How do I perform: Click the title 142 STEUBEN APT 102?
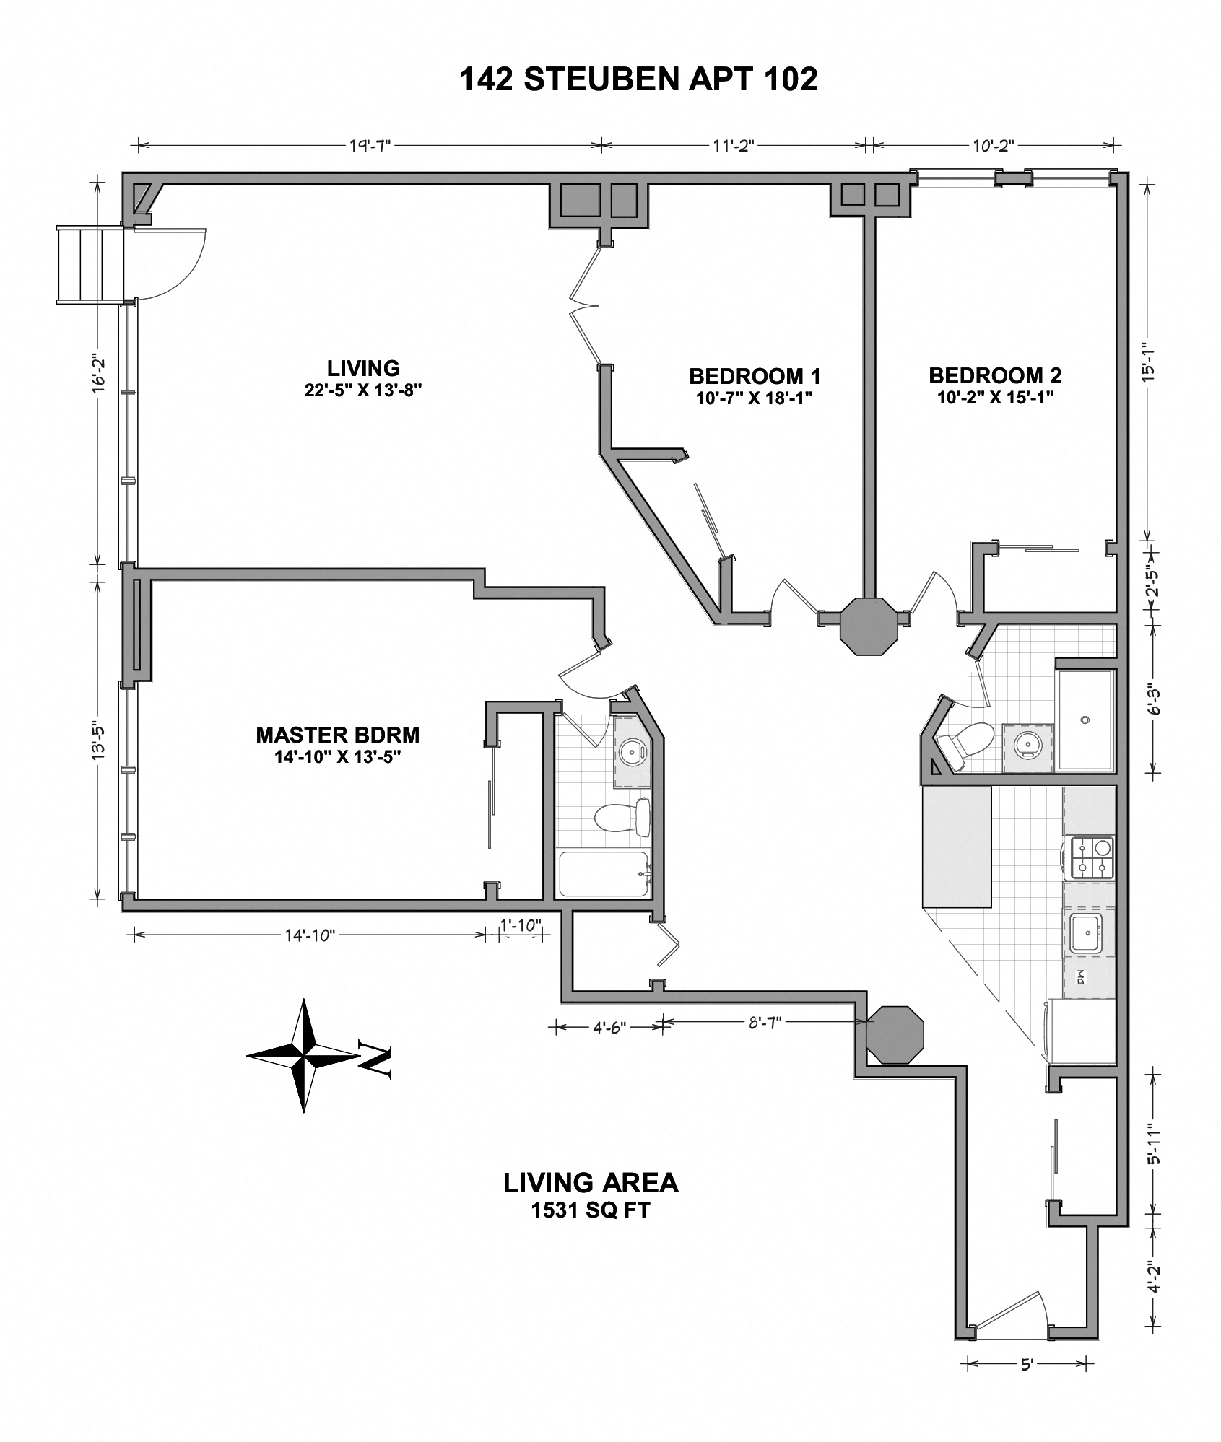pyautogui.click(x=638, y=79)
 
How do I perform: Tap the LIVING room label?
pyautogui.click(x=363, y=369)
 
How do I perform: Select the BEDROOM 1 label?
pyautogui.click(x=755, y=377)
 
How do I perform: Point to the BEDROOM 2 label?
pyautogui.click(x=994, y=376)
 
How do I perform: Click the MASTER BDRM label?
pyautogui.click(x=337, y=735)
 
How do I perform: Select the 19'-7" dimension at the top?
pyautogui.click(x=369, y=146)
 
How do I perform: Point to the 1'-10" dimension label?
pyautogui.click(x=520, y=925)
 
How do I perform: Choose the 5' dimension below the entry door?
pyautogui.click(x=1027, y=1364)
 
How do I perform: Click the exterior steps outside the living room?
pyautogui.click(x=88, y=264)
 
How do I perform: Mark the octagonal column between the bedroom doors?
pyautogui.click(x=871, y=626)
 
